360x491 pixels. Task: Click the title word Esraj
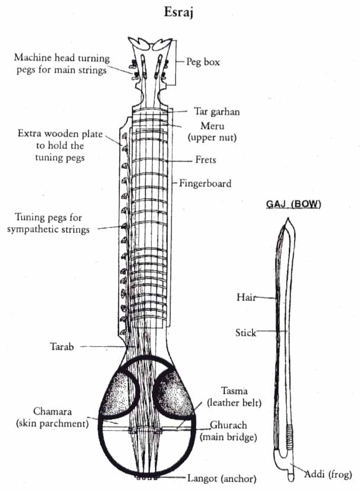(x=179, y=13)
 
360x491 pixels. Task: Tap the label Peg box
(x=203, y=62)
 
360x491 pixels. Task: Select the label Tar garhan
(x=217, y=112)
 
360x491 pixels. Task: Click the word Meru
(x=213, y=126)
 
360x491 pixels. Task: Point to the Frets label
(x=205, y=160)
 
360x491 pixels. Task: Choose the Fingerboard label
(x=205, y=183)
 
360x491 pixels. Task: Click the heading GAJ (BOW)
(x=294, y=205)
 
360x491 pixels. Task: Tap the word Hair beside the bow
(x=246, y=297)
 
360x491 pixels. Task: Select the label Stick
(x=246, y=332)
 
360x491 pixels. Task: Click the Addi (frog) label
(x=328, y=474)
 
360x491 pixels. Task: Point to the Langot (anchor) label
(x=222, y=478)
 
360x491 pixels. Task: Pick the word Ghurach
(x=229, y=425)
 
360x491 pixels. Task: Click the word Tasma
(x=234, y=391)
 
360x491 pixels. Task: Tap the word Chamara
(x=52, y=411)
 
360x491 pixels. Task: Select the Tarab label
(x=62, y=347)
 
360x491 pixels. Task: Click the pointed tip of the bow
(x=288, y=218)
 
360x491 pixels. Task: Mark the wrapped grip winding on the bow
(x=290, y=437)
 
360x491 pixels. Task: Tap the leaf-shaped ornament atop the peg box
(x=150, y=43)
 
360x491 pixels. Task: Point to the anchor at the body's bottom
(x=147, y=477)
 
